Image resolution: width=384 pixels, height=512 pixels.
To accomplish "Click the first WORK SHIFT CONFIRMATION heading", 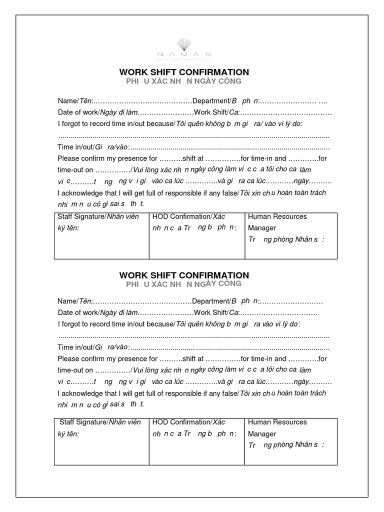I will [184, 72].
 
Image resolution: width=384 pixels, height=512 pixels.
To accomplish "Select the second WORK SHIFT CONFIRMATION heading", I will [184, 275].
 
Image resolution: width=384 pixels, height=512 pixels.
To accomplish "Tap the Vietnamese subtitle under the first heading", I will [183, 81].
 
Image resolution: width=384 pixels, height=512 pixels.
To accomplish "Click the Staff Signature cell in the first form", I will [101, 235].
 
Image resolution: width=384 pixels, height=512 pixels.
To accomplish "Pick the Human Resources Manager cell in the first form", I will [290, 235].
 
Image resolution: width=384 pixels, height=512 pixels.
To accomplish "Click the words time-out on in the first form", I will [75, 170].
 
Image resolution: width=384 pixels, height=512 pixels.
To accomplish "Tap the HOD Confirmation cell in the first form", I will [196, 235].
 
